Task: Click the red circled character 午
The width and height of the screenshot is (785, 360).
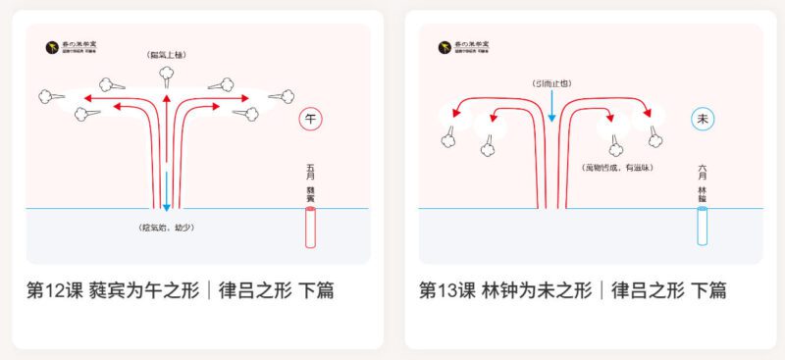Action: [311, 120]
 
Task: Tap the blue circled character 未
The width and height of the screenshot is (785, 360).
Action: [703, 119]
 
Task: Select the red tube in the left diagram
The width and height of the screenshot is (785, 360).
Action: [311, 227]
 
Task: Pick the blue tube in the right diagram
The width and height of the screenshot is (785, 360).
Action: [703, 227]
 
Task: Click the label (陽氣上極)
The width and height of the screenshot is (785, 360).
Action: [166, 55]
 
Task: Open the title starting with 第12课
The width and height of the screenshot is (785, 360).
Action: [181, 291]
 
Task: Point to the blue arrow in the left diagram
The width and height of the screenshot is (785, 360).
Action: [167, 190]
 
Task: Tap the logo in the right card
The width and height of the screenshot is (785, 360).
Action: [462, 46]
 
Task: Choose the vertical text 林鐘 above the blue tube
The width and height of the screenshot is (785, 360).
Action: [703, 192]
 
